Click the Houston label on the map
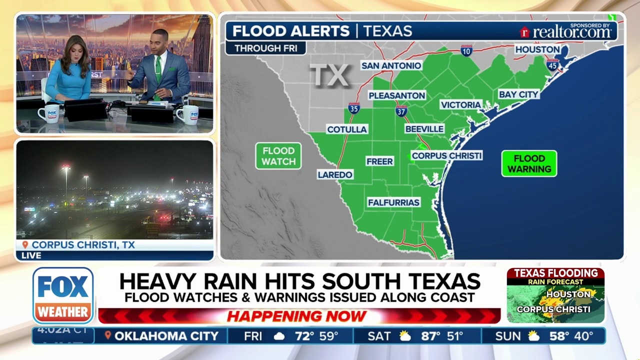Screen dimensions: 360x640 (537, 49)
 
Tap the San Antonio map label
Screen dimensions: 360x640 (391, 65)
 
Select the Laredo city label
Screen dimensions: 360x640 (335, 174)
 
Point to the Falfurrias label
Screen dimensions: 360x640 (393, 202)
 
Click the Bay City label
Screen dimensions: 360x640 (518, 94)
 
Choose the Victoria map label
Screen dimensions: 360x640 (460, 104)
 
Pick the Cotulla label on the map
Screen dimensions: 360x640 (347, 129)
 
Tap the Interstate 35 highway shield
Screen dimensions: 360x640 (354, 108)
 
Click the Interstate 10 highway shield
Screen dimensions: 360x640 (466, 50)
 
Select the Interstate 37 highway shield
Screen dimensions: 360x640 (401, 111)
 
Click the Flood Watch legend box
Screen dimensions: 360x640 (278, 156)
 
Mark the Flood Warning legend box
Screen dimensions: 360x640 (529, 163)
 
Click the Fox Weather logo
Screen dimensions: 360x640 (63, 295)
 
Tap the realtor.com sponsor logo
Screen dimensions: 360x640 (566, 31)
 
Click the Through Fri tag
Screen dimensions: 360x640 (265, 48)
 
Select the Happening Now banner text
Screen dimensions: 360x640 (297, 316)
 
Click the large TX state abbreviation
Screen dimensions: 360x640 (329, 75)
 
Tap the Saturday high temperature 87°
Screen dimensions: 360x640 (429, 336)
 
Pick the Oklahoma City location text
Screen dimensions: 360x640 (166, 336)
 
